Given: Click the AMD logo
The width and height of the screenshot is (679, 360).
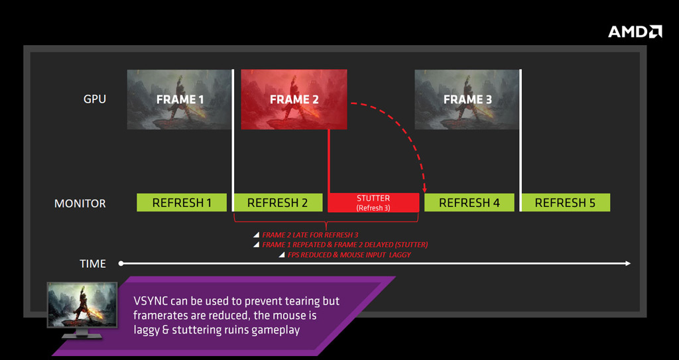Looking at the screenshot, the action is point(635,32).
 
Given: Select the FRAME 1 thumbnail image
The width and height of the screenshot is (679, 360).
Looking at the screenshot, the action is point(179,99).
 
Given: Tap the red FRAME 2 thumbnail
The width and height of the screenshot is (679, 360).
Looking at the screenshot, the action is point(294,99).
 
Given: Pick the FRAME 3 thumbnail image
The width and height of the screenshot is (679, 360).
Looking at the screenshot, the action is point(467,99).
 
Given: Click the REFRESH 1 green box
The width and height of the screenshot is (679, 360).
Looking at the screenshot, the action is point(182,202).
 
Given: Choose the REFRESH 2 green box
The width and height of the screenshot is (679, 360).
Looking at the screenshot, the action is point(278,202).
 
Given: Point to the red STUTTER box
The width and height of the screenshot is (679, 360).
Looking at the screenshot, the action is point(373,202).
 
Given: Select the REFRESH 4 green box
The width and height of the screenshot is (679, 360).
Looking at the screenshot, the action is point(469,202).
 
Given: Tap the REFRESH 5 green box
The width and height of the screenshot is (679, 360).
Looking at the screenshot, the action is point(566,202).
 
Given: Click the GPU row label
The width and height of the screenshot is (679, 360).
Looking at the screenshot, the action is point(94,99).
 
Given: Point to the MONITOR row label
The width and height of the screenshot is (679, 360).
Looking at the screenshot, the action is point(80,203).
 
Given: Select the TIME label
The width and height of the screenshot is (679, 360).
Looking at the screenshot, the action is point(93,263).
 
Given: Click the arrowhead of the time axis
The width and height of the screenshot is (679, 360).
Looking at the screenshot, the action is point(628,263).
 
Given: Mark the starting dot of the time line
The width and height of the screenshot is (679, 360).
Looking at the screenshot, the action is point(121,263).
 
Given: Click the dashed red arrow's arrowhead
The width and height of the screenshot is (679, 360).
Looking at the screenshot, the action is point(424,190).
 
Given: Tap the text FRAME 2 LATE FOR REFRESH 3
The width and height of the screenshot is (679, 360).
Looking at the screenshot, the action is point(310,235).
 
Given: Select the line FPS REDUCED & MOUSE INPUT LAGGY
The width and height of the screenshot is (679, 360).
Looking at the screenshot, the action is point(349,255).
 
